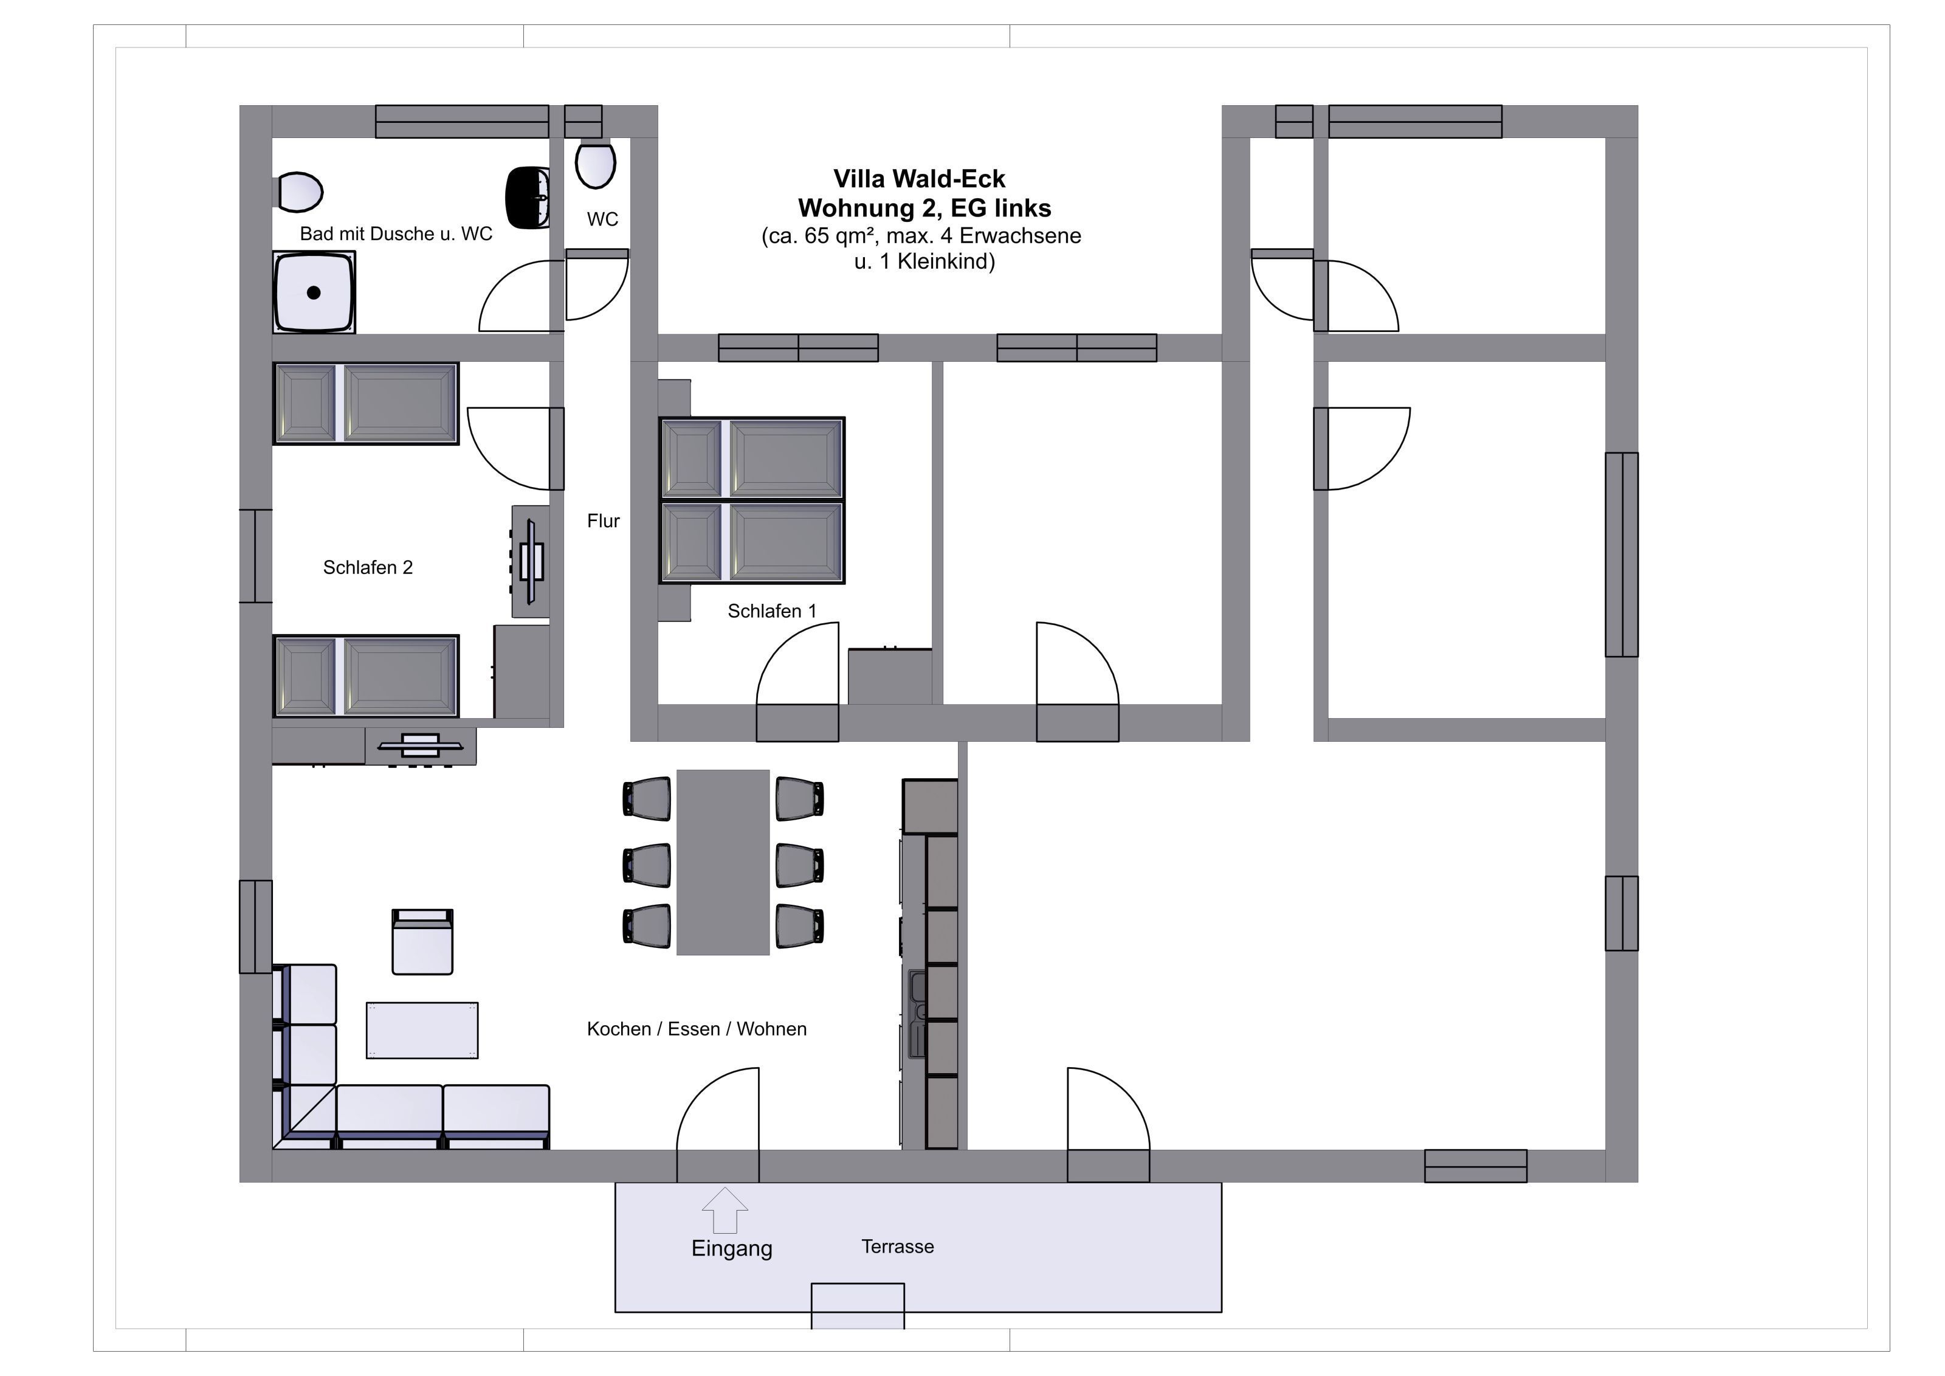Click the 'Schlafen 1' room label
tap(772, 611)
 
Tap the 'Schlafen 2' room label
tap(368, 568)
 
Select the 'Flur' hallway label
tap(603, 521)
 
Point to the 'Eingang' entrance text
tap(732, 1249)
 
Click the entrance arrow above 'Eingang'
tap(725, 1211)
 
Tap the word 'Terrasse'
tap(898, 1246)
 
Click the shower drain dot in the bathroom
tap(314, 293)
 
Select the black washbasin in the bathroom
tap(528, 198)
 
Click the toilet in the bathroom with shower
tap(299, 192)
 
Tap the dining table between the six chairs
tap(723, 863)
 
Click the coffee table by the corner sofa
tap(422, 1030)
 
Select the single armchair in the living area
tap(422, 942)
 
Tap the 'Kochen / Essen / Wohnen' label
tap(697, 1029)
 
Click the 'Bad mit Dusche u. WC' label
tap(396, 234)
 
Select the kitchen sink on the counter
tap(917, 1014)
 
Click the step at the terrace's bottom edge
tap(857, 1305)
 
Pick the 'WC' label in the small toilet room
tap(602, 220)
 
